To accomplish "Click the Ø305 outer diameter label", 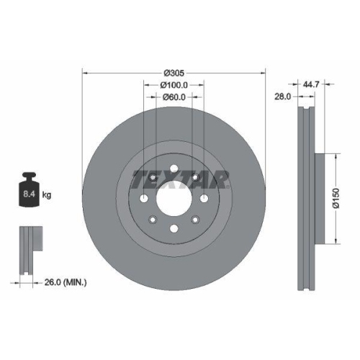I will click(174, 73).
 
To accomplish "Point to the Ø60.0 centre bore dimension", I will click(174, 98).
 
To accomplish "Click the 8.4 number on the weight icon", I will click(30, 194).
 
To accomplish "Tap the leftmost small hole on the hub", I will click(144, 199).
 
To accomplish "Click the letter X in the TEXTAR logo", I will click(166, 177).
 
